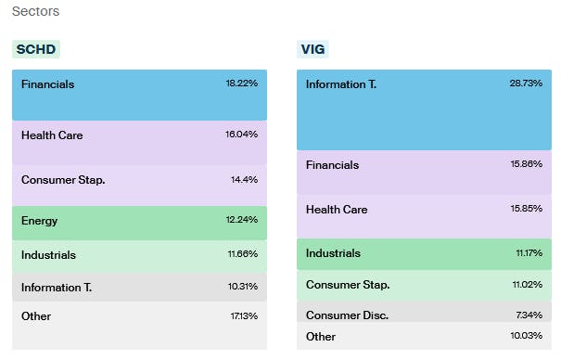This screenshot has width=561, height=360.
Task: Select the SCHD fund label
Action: point(36,49)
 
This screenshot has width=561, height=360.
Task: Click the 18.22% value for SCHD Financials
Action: point(241,84)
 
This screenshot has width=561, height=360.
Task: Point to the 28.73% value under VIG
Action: point(527,84)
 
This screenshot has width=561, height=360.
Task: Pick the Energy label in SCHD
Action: point(40,221)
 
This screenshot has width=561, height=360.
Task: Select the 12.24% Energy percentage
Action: point(241,221)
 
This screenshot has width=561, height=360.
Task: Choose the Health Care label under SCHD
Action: point(52,135)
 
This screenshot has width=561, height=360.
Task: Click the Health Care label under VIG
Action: point(337,210)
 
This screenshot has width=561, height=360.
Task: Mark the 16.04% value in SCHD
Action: point(241,135)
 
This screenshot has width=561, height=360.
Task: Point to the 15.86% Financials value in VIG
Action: point(527,165)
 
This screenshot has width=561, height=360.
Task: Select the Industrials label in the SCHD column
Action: point(48,255)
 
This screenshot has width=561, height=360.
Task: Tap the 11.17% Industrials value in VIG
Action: point(528,253)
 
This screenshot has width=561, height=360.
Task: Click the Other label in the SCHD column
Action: point(36,316)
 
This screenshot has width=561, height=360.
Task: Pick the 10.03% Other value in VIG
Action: point(527,337)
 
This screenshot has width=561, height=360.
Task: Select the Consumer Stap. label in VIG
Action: point(348,285)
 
